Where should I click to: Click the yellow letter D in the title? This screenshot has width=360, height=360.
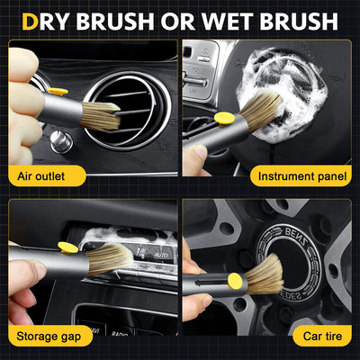click(x=31, y=19)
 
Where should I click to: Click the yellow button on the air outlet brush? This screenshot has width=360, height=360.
click(x=57, y=91)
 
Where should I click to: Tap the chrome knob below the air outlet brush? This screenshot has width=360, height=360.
click(x=61, y=142)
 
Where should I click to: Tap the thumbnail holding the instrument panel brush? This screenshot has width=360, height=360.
click(x=192, y=156)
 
